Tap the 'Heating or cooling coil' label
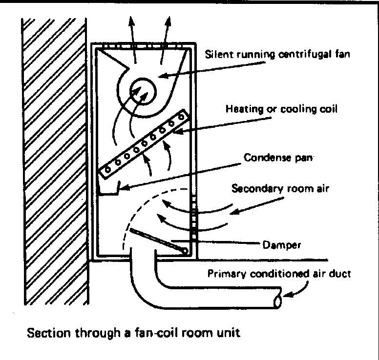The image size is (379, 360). [x=281, y=109]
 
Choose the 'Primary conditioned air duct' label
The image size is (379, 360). [x=279, y=274]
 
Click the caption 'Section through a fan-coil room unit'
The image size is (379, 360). [x=134, y=334]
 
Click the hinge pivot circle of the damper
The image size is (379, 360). [x=185, y=251]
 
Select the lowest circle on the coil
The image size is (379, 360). [x=108, y=168]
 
